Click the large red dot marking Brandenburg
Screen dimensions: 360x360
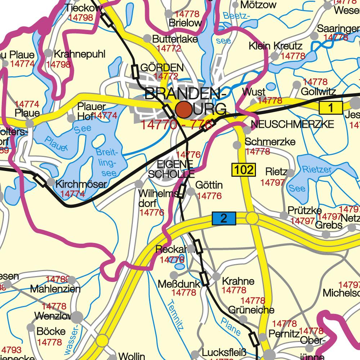[x=184, y=109]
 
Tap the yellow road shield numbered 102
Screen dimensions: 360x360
[x=243, y=170]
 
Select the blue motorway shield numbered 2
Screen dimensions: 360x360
[x=224, y=218]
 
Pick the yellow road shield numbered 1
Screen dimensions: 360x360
[x=329, y=108]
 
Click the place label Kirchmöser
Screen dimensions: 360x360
[x=81, y=184]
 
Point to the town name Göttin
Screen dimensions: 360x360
[x=209, y=185]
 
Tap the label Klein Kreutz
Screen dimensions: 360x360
[x=275, y=46]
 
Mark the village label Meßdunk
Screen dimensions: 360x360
[x=179, y=284]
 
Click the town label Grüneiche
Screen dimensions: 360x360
[x=251, y=310]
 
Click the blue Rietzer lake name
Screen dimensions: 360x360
[x=316, y=169]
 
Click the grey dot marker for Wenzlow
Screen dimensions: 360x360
[x=77, y=317]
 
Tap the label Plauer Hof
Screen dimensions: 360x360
[x=91, y=111]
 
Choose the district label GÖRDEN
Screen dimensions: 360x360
[x=162, y=68]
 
